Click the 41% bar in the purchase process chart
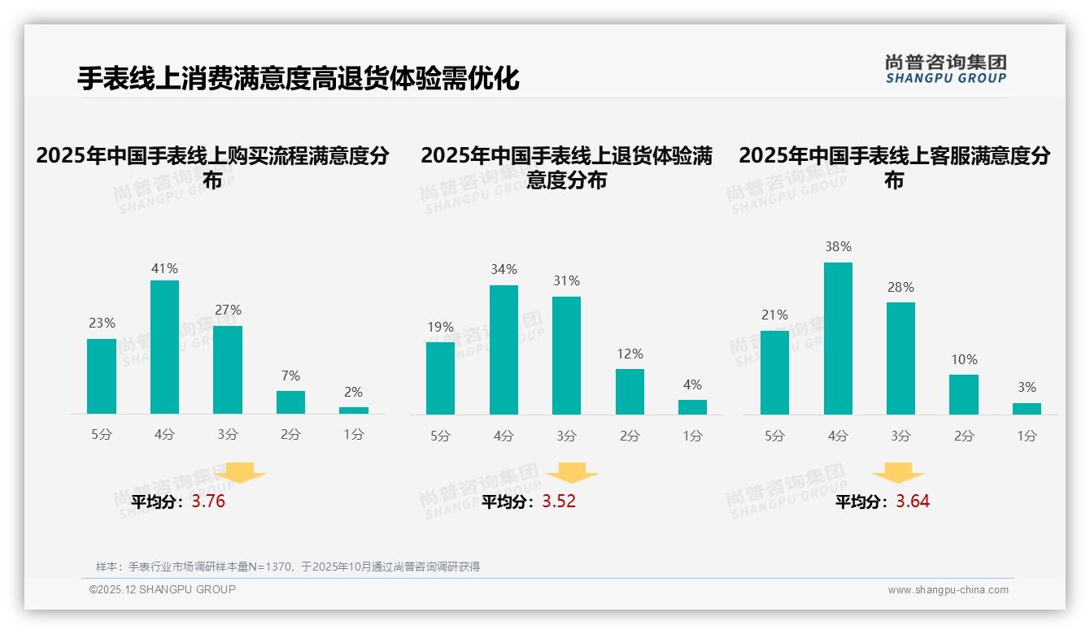pyautogui.click(x=164, y=347)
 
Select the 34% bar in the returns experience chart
pyautogui.click(x=504, y=350)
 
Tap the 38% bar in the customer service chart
pyautogui.click(x=838, y=338)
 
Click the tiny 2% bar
pyautogui.click(x=354, y=410)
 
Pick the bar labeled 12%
pyautogui.click(x=630, y=392)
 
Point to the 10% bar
pyautogui.click(x=964, y=394)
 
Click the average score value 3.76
pyautogui.click(x=208, y=502)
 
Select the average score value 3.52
pyautogui.click(x=559, y=502)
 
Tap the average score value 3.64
pyautogui.click(x=913, y=502)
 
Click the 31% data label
pyautogui.click(x=567, y=281)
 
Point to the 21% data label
pyautogui.click(x=774, y=315)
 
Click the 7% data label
pyautogui.click(x=290, y=376)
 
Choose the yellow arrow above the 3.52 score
pyautogui.click(x=572, y=473)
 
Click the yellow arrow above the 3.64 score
pyautogui.click(x=898, y=473)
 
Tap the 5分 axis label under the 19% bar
pyautogui.click(x=440, y=436)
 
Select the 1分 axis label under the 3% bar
pyautogui.click(x=1027, y=436)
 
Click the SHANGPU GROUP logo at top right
pyautogui.click(x=945, y=69)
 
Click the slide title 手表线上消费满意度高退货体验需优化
pyautogui.click(x=298, y=79)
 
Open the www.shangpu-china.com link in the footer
pyautogui.click(x=948, y=590)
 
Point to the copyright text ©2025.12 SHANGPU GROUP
pyautogui.click(x=163, y=589)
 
